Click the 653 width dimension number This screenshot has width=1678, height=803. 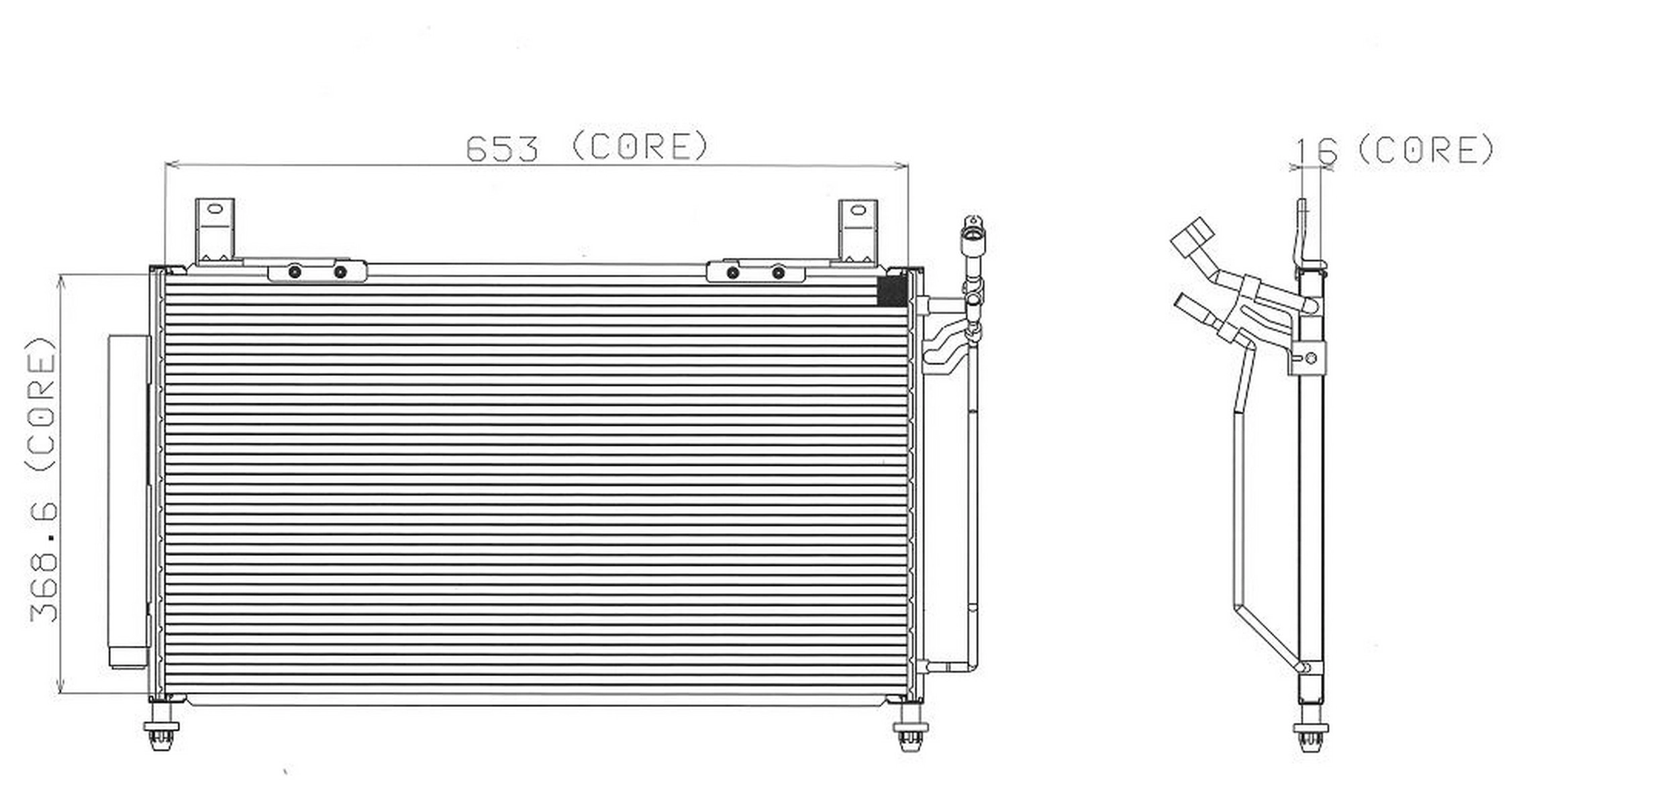click(x=502, y=149)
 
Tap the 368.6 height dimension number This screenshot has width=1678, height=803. click(x=44, y=561)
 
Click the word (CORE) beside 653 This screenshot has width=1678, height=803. click(x=640, y=146)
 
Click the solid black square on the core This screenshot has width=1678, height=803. click(x=893, y=290)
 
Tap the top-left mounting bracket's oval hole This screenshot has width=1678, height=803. click(x=215, y=209)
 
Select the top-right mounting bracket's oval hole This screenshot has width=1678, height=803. click(x=858, y=210)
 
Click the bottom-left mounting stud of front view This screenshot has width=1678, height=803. click(x=161, y=728)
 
